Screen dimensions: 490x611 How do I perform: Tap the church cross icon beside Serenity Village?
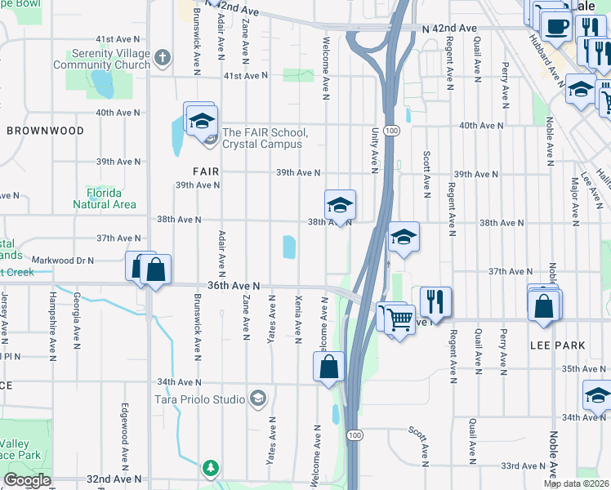(163, 58)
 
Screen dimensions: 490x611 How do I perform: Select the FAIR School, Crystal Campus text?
(265, 138)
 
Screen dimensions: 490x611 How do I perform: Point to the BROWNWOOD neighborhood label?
(45, 131)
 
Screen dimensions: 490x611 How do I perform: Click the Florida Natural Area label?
(104, 198)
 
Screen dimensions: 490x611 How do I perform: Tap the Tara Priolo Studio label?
(200, 399)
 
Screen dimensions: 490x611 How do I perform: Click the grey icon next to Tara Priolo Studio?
(258, 399)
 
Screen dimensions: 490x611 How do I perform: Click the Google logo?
(27, 480)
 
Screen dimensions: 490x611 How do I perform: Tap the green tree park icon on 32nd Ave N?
(212, 468)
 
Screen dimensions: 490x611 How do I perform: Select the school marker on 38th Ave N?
(340, 206)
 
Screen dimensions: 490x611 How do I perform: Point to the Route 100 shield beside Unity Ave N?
(392, 130)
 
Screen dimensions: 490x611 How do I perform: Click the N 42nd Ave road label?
(450, 28)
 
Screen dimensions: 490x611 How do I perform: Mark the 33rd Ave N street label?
(522, 465)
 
